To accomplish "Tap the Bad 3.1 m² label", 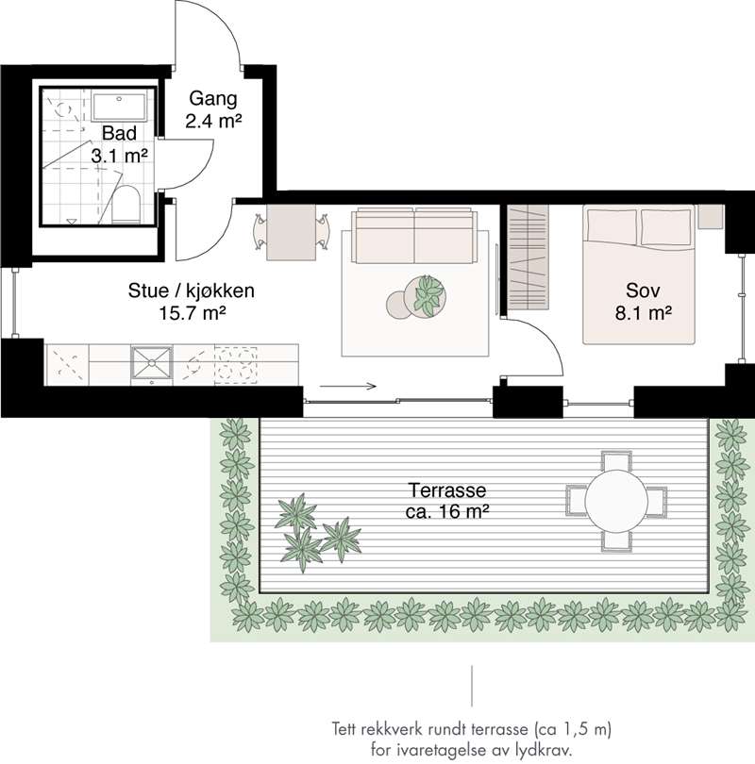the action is pyautogui.click(x=120, y=144).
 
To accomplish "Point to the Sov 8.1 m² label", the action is pyautogui.click(x=643, y=302).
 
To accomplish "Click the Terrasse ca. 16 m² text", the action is pyautogui.click(x=447, y=501).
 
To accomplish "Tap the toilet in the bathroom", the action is pyautogui.click(x=126, y=204).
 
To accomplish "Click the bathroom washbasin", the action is pyautogui.click(x=119, y=107).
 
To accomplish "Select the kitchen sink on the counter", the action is pyautogui.click(x=152, y=363).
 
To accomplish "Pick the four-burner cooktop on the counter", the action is pyautogui.click(x=236, y=363).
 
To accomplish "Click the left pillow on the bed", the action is pyautogui.click(x=612, y=226).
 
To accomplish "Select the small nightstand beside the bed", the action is pyautogui.click(x=710, y=216).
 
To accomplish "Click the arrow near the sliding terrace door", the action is pyautogui.click(x=348, y=387).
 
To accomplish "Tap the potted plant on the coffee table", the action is pyautogui.click(x=428, y=297).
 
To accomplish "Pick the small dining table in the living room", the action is pyautogui.click(x=291, y=232).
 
